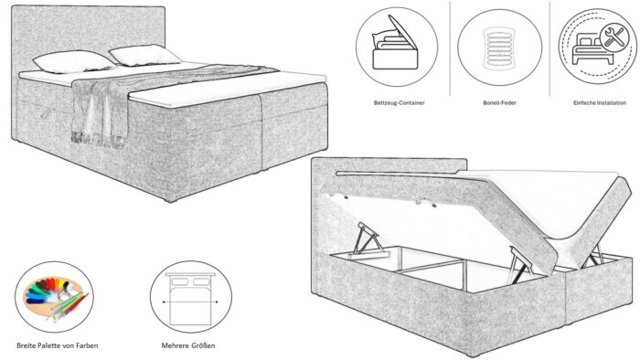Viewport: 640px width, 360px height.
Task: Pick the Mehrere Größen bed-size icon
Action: pyautogui.click(x=187, y=298)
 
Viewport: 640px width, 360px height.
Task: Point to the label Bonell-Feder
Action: pyautogui.click(x=494, y=103)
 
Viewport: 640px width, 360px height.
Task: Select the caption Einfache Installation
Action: pyautogui.click(x=593, y=103)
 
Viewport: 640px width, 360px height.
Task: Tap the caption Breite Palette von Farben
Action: pyautogui.click(x=57, y=346)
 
